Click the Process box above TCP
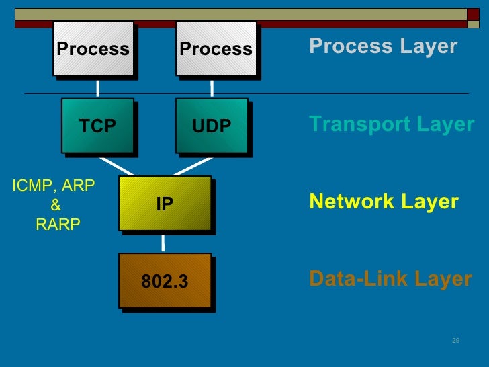93,49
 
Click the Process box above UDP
216,49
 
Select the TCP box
98,126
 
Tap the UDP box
212,126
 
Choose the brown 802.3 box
165,281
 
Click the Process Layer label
383,46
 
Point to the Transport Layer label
392,124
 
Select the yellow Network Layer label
384,202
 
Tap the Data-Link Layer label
390,279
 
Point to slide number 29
455,341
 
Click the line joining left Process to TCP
98,89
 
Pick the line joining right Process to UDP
212,89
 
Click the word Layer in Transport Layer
445,124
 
